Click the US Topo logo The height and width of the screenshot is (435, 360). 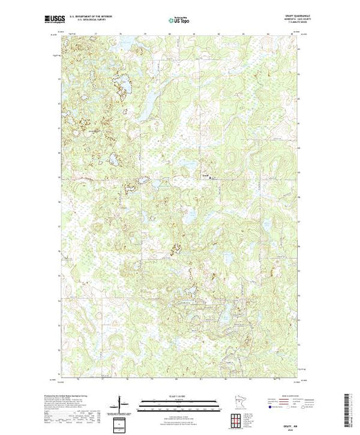click(x=178, y=21)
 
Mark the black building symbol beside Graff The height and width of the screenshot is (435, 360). click(x=210, y=177)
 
